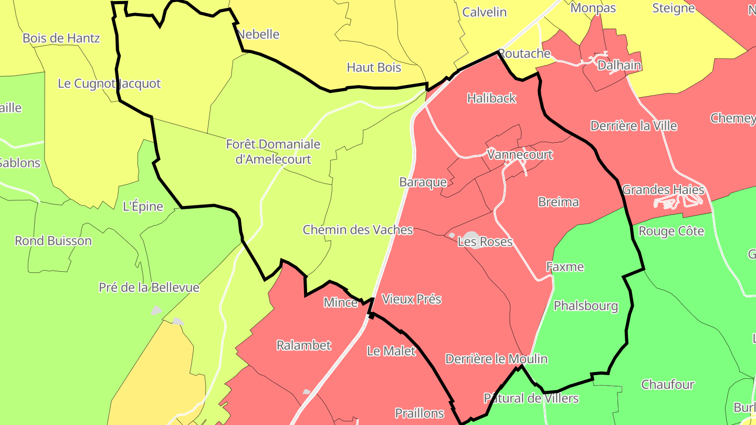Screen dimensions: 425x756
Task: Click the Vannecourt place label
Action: pos(520,155)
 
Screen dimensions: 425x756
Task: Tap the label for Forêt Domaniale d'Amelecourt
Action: pos(273,152)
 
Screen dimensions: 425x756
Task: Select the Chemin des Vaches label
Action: pos(358,230)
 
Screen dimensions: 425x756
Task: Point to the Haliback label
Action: pos(491,98)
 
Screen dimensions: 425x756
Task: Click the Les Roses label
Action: pos(485,242)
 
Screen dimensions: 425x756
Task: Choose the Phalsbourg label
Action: pos(586,306)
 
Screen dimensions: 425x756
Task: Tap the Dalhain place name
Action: pos(619,66)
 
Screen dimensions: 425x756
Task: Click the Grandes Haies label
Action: pos(663,190)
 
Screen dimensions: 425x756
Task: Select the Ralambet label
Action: pos(303,345)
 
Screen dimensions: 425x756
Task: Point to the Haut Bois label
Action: pos(374,68)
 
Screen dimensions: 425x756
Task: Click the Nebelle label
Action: pos(258,35)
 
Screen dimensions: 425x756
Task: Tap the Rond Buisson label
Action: pos(53,241)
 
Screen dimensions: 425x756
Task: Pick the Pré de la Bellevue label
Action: pos(149,288)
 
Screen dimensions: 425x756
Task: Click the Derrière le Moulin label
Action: pos(496,359)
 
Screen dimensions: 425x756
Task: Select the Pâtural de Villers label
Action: pos(531,398)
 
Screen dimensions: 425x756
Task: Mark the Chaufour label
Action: pos(668,385)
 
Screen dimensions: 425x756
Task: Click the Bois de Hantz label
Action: pos(61,38)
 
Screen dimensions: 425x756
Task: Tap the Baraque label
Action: pos(423,182)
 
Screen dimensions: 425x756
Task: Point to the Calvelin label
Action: pos(484,12)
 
